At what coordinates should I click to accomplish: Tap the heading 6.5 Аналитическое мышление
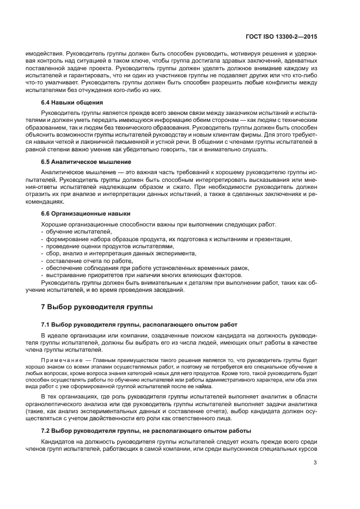pos(86,162)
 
